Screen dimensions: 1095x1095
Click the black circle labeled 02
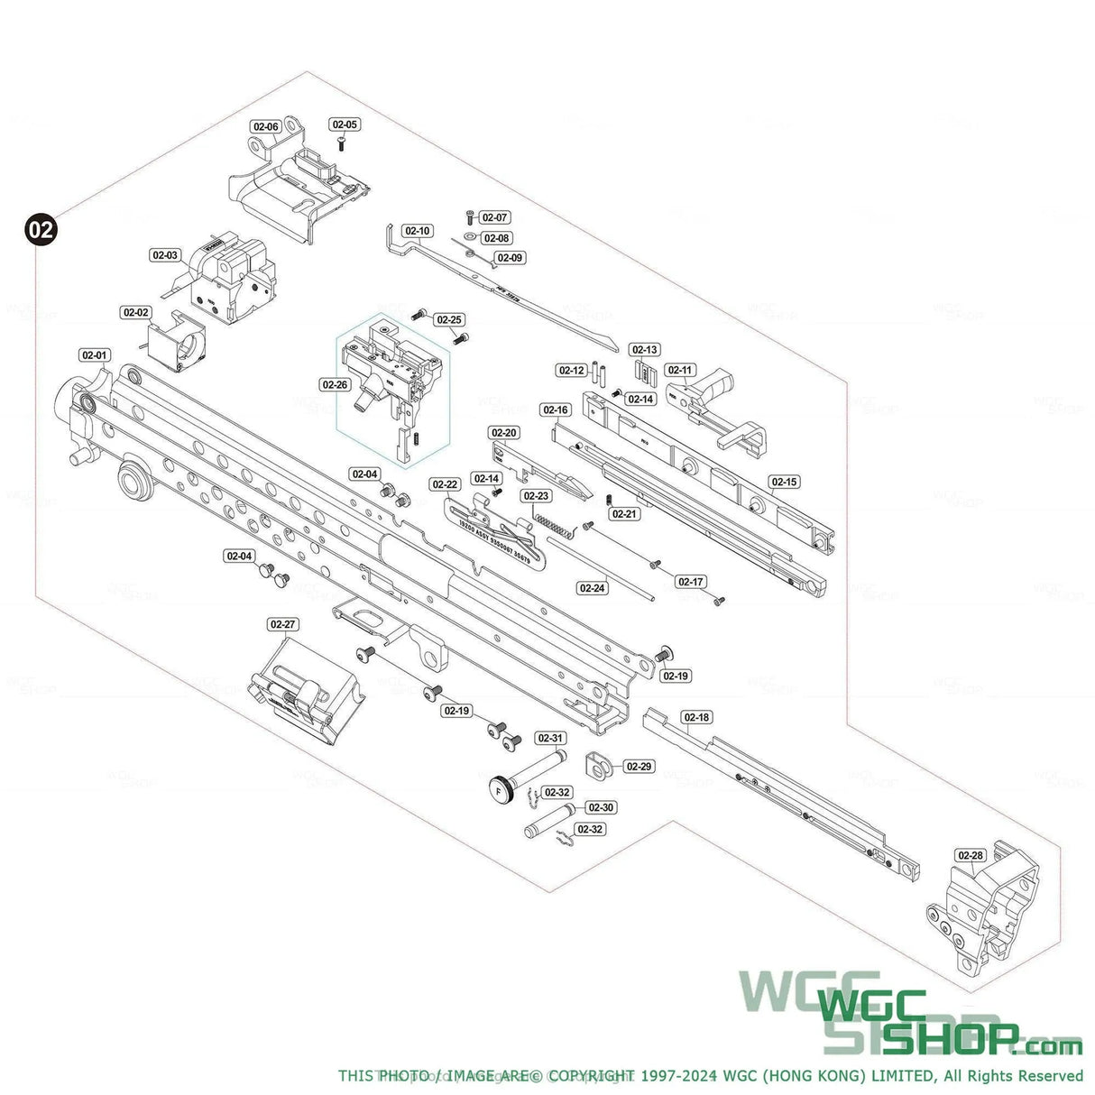click(41, 228)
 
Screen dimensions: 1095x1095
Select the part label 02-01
click(94, 355)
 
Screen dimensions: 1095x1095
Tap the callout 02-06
click(265, 127)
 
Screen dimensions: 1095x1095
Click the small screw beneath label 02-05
click(343, 143)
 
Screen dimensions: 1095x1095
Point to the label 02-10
click(418, 232)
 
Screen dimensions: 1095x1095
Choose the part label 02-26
click(334, 384)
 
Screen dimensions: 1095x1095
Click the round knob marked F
click(501, 788)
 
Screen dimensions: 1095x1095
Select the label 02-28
click(971, 855)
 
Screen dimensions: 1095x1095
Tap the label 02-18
click(696, 718)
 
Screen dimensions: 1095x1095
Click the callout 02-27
click(282, 624)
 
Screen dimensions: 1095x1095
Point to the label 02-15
click(784, 483)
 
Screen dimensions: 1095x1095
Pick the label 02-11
click(680, 371)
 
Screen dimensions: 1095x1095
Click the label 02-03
click(165, 255)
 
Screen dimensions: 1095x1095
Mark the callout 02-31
click(550, 739)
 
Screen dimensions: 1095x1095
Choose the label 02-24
click(592, 588)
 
